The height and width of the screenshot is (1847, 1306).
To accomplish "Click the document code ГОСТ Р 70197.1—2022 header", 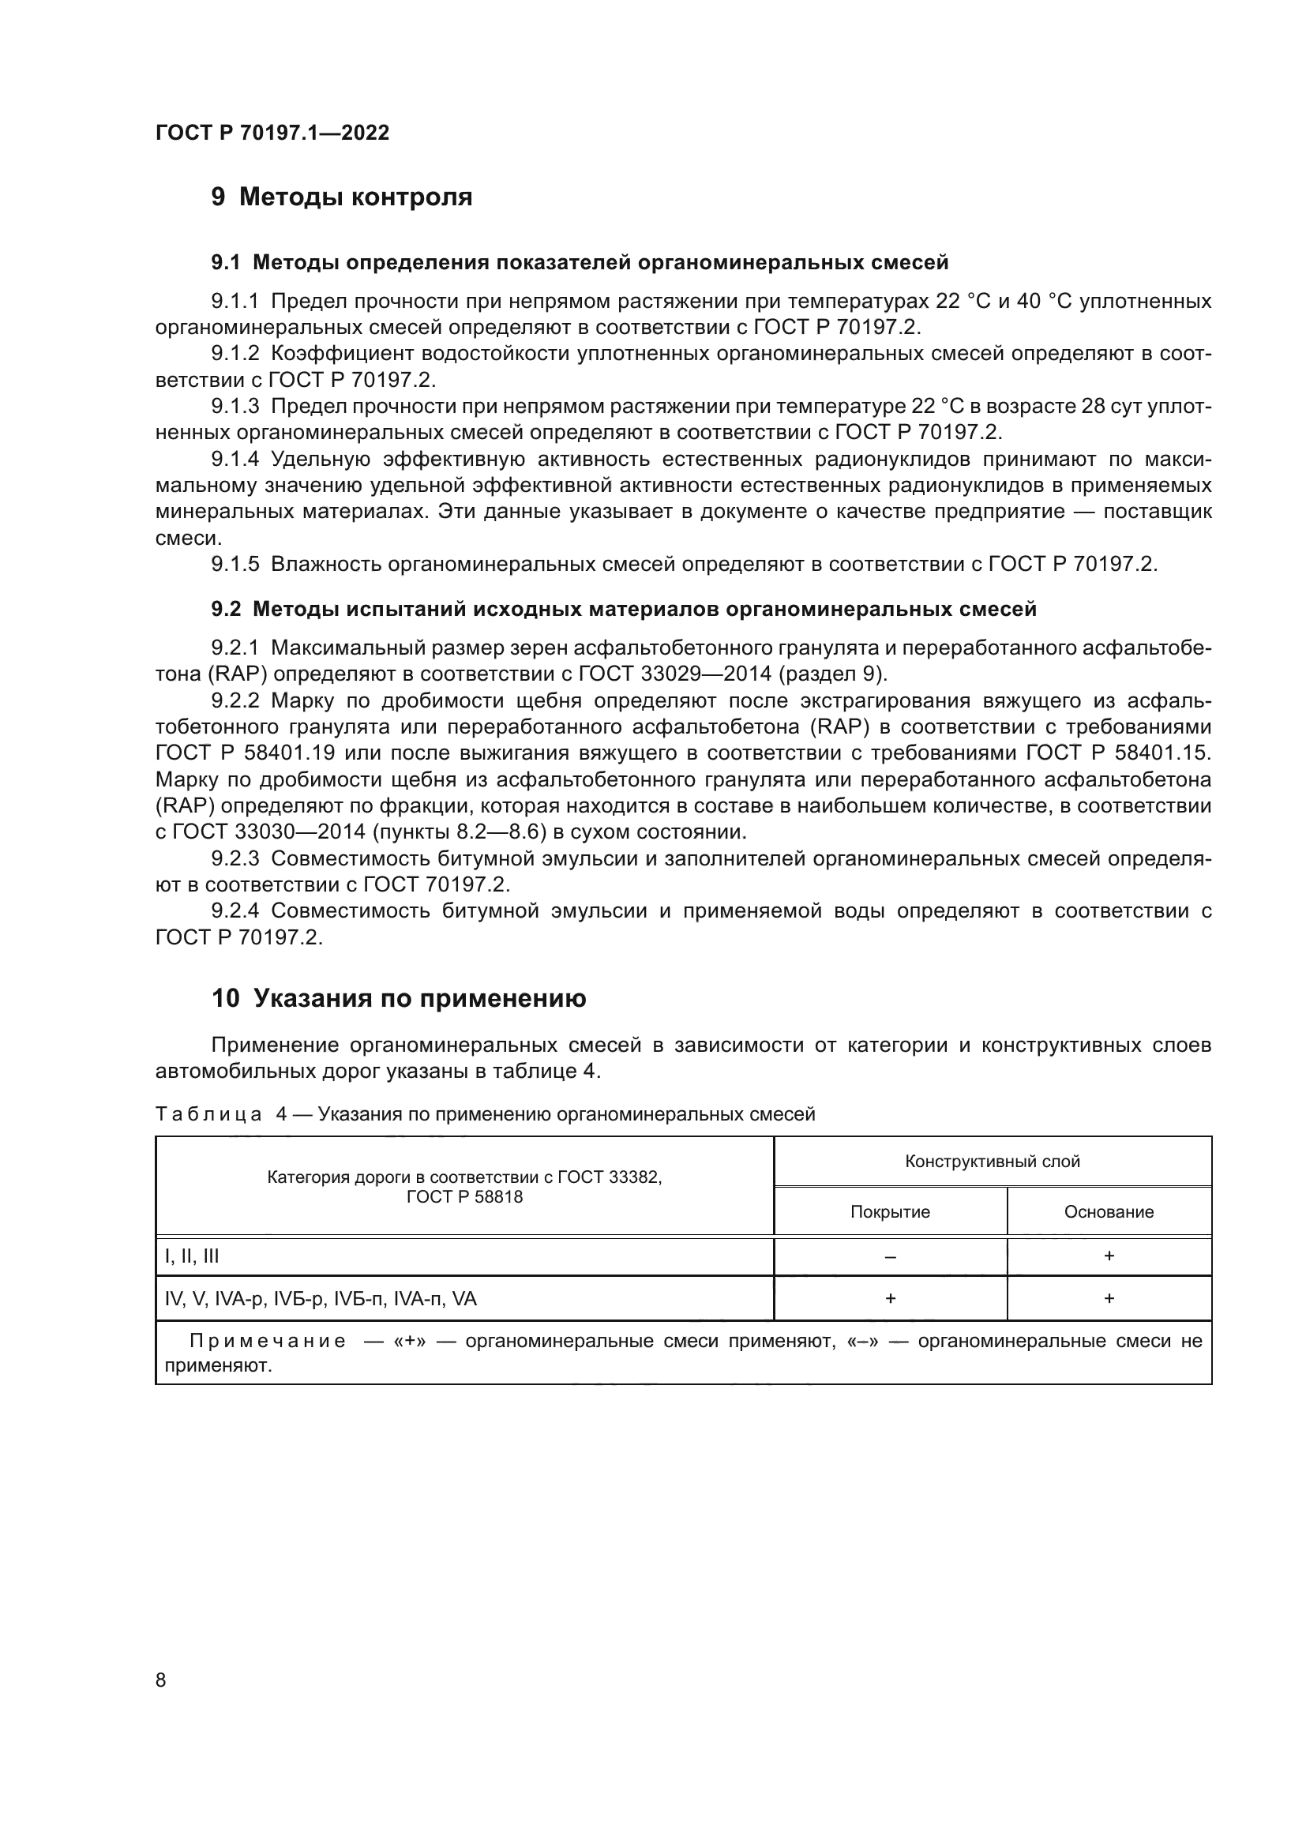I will point(272,133).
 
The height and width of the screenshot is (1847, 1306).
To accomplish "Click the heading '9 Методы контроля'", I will point(342,197).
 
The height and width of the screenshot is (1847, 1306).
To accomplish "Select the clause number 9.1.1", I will point(235,302).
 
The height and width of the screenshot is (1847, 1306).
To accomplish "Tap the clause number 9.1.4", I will point(235,460).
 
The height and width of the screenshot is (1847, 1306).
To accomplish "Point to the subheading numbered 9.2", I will point(226,609).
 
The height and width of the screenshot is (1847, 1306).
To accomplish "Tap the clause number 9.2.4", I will point(235,910).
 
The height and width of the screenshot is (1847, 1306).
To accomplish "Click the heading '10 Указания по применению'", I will point(399,998).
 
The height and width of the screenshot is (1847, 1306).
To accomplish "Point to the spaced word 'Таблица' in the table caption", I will point(208,1114).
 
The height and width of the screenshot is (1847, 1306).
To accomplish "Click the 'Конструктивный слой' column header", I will point(993,1162).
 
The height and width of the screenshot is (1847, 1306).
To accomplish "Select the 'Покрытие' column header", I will point(890,1211).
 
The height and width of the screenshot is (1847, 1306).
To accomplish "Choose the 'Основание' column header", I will point(1109,1211).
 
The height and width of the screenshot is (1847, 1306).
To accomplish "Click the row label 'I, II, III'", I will point(191,1256).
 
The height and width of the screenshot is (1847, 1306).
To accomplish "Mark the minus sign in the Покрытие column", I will point(890,1257).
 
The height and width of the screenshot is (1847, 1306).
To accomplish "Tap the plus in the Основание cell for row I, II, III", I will point(1109,1256).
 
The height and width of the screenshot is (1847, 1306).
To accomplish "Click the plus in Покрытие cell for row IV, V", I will point(890,1298).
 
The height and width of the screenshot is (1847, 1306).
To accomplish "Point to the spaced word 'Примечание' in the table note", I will point(268,1341).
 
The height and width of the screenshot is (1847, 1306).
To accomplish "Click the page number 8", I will point(161,1680).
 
